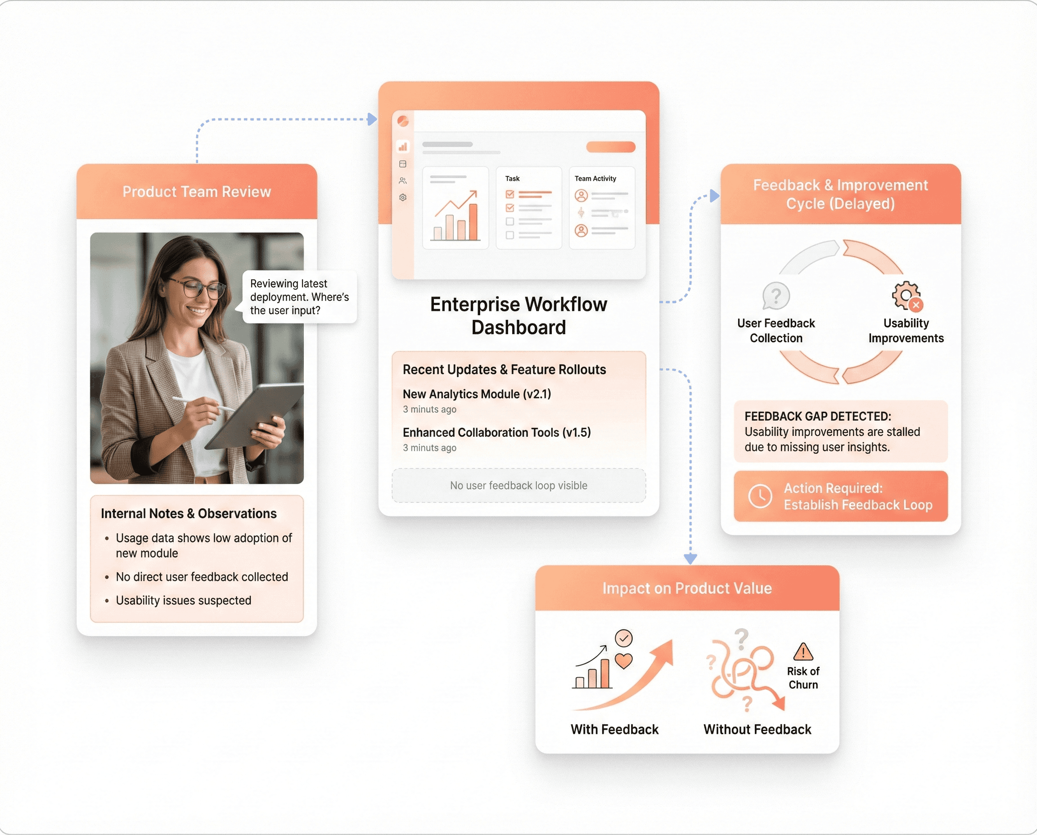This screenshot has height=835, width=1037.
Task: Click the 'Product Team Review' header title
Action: click(196, 192)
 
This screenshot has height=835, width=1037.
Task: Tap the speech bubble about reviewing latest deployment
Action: click(299, 297)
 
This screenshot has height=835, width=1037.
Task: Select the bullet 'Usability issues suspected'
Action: click(183, 600)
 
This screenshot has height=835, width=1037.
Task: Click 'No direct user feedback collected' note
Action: click(202, 577)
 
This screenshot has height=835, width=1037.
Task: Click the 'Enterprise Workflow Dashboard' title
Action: click(518, 315)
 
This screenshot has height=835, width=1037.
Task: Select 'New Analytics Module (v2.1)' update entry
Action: click(476, 394)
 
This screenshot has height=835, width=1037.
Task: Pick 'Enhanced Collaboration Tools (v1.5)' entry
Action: click(496, 432)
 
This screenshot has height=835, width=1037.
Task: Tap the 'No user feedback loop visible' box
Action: click(518, 485)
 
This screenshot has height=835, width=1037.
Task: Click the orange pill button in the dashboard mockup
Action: click(610, 147)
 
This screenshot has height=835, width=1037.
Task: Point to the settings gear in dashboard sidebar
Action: click(403, 197)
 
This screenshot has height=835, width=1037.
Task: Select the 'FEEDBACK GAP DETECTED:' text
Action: click(817, 416)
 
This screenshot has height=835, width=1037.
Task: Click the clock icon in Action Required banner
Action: click(760, 496)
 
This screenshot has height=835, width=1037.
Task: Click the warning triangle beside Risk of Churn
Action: click(803, 652)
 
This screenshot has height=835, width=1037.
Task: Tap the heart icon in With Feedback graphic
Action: click(624, 661)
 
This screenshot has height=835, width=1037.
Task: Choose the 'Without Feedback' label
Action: click(757, 729)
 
